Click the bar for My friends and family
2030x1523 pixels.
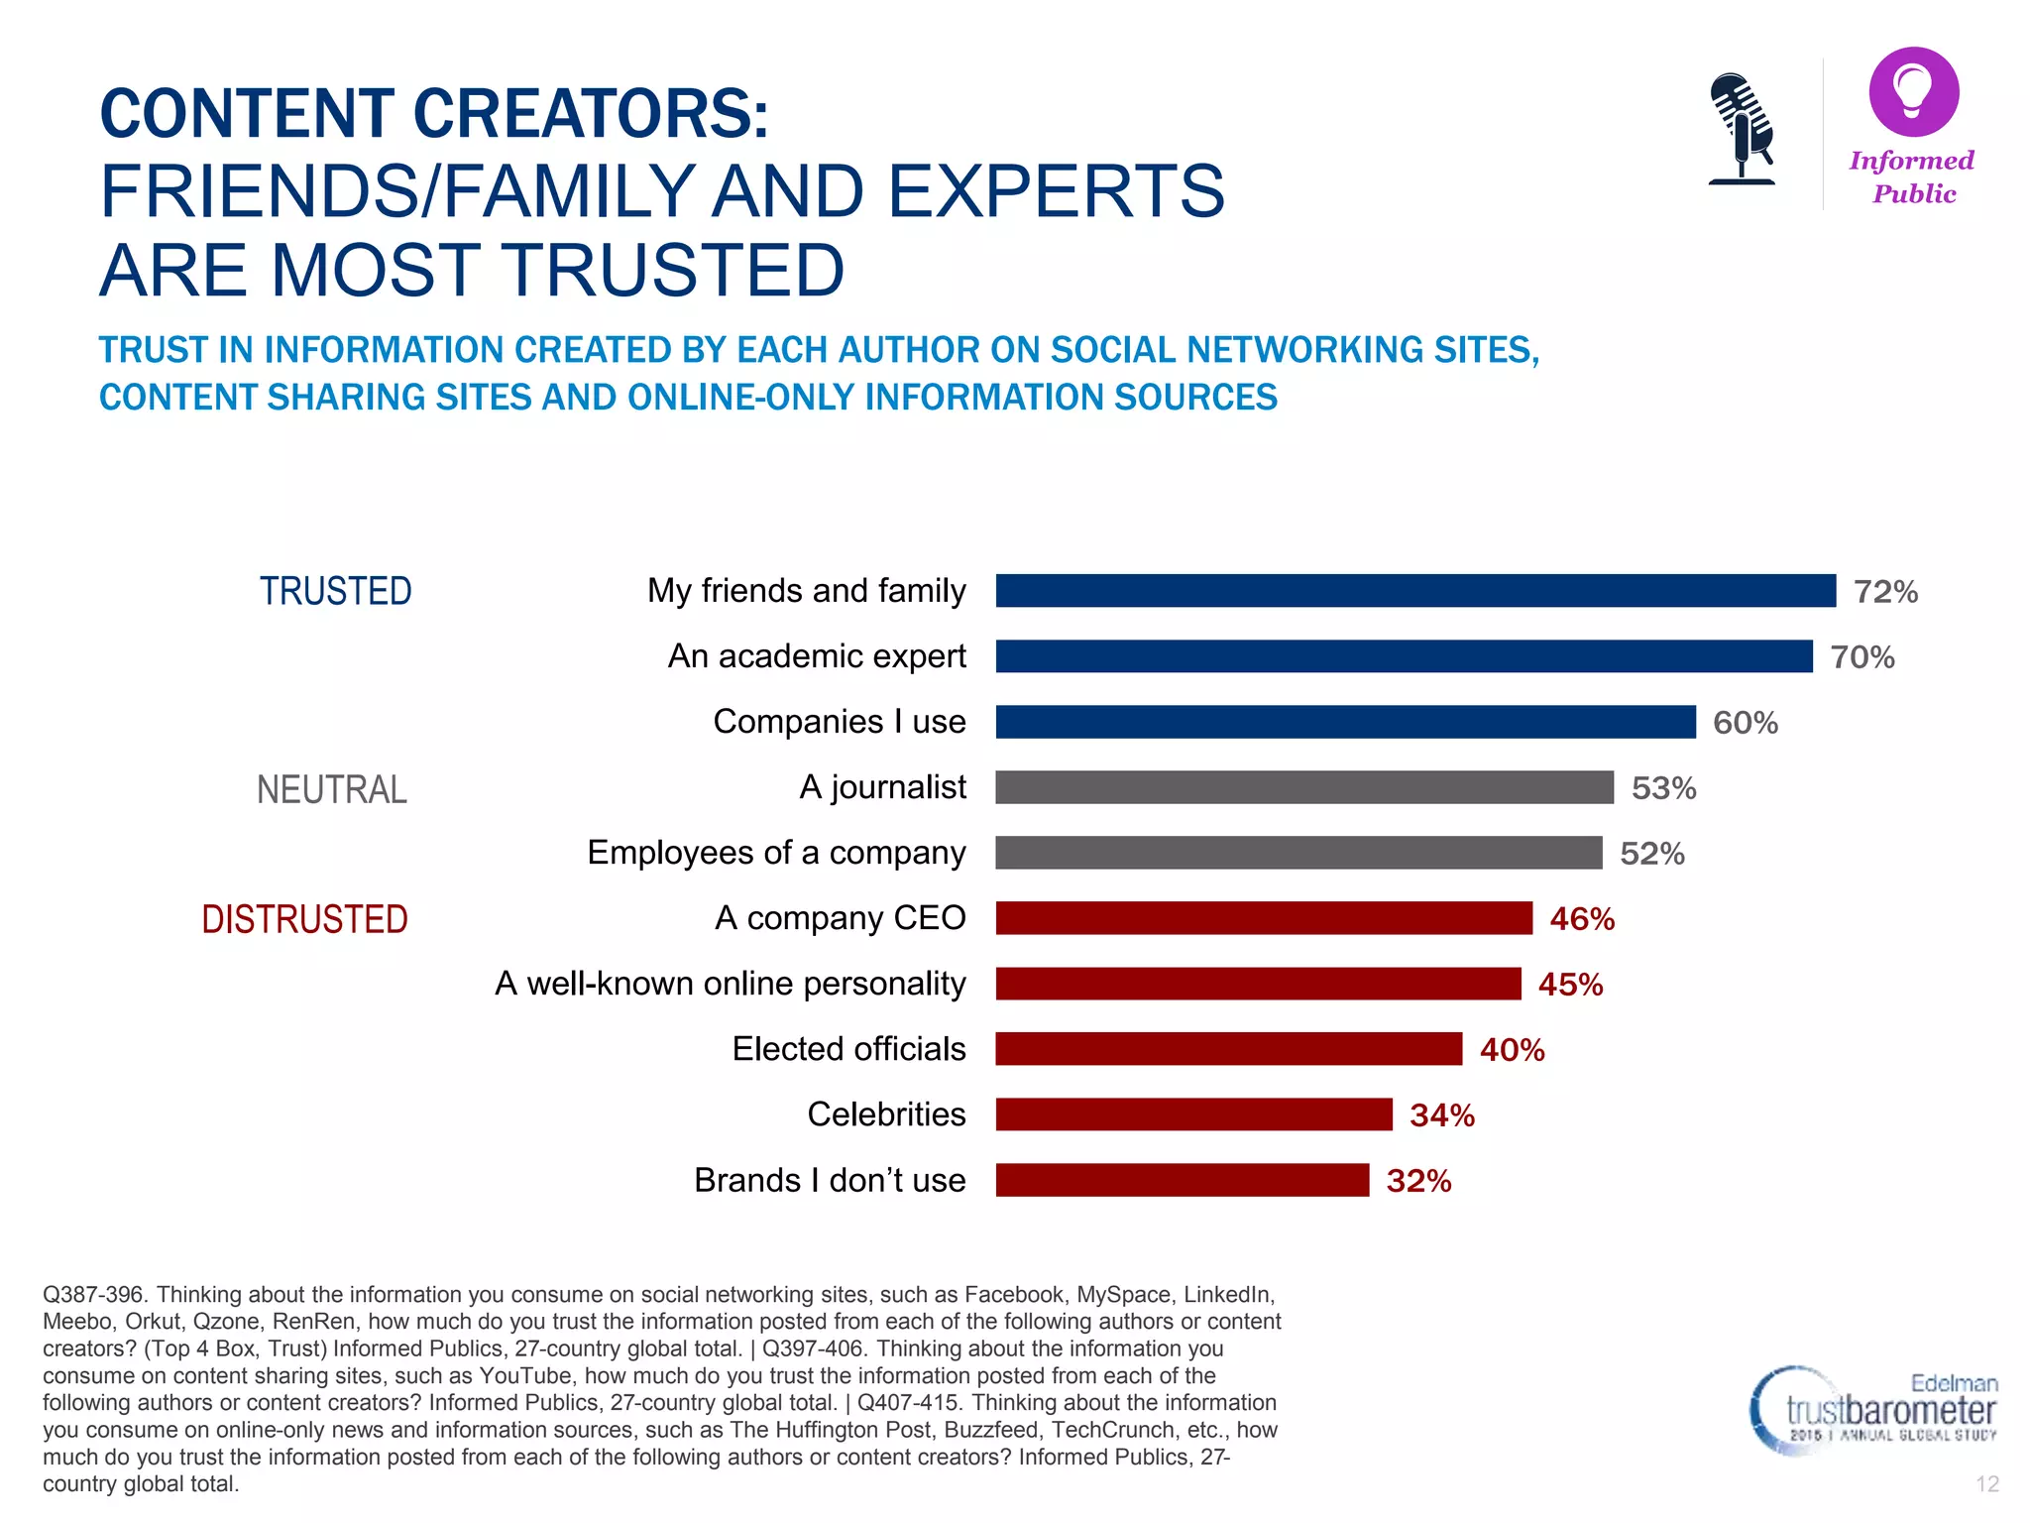(1415, 591)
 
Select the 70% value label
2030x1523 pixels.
(1861, 657)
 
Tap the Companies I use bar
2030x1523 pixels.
(1345, 722)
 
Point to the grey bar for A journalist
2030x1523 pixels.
(1304, 787)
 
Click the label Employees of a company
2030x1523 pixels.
(776, 853)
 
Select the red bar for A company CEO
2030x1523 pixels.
(1264, 918)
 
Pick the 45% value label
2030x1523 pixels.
(1570, 985)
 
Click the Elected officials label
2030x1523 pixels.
(848, 1049)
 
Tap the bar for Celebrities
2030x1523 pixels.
(1193, 1114)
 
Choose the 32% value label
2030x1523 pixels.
(1418, 1181)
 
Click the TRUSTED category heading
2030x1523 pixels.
(335, 592)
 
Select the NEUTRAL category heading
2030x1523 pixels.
(331, 790)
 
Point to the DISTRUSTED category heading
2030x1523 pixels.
(304, 920)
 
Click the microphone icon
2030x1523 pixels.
(1741, 129)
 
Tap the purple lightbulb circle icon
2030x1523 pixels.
(1913, 92)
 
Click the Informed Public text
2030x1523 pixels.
(1912, 177)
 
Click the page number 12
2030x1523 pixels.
(1986, 1484)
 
